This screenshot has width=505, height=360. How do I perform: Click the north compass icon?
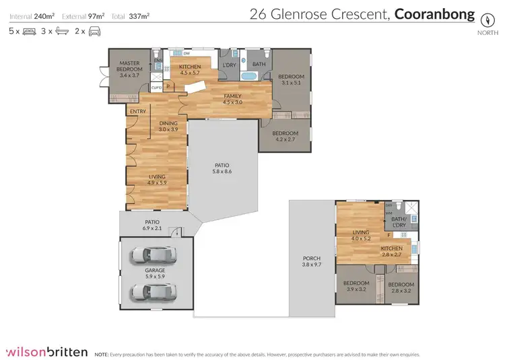(483, 16)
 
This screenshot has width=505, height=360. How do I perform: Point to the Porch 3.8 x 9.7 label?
(312, 262)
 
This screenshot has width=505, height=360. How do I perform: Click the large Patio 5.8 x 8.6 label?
(223, 168)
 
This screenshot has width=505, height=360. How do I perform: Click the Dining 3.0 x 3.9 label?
(168, 126)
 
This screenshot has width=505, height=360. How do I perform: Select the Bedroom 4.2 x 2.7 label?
(284, 136)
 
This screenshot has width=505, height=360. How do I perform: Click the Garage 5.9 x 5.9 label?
(156, 273)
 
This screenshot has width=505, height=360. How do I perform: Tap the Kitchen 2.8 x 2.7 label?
(391, 251)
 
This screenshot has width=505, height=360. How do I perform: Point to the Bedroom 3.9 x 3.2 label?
(356, 286)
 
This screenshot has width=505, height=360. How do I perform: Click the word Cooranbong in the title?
(434, 13)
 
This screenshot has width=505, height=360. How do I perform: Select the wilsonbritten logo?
(46, 351)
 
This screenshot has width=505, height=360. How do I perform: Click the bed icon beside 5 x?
(29, 31)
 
